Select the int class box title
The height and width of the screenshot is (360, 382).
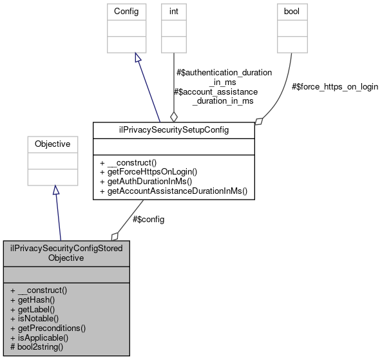tap(173, 11)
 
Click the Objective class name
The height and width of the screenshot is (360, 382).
tap(52, 144)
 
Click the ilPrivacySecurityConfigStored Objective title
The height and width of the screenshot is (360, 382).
tap(66, 252)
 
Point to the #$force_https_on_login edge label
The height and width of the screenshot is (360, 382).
tap(334, 86)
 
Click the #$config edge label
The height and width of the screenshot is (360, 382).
tap(148, 219)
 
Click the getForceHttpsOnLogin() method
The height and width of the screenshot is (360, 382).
tap(148, 171)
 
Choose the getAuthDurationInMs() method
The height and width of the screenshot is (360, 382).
tap(146, 181)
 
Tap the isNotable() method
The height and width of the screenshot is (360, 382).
tap(37, 318)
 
